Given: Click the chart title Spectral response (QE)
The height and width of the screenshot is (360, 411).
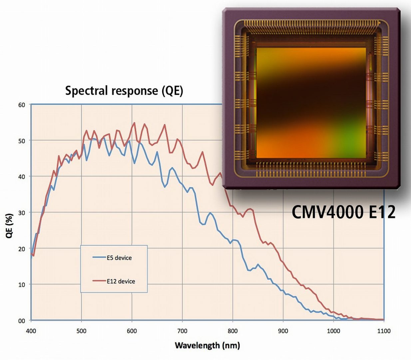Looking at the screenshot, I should pyautogui.click(x=124, y=91).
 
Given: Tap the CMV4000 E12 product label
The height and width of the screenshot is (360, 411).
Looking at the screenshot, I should pyautogui.click(x=343, y=212).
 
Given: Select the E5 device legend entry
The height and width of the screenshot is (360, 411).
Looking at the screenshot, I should pyautogui.click(x=119, y=258).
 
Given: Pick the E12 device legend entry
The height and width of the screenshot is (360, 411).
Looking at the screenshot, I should pyautogui.click(x=121, y=281).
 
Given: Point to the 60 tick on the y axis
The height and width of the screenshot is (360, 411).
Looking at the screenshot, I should pyautogui.click(x=22, y=105).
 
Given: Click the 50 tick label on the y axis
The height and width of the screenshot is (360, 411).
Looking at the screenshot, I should pyautogui.click(x=22, y=141).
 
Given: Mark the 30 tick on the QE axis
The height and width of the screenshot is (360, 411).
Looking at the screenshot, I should pyautogui.click(x=22, y=213).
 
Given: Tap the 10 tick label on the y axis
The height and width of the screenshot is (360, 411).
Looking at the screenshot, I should pyautogui.click(x=22, y=285).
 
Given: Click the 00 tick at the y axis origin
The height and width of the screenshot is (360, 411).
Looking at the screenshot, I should pyautogui.click(x=22, y=321).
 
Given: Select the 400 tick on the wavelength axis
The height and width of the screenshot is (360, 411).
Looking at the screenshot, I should pyautogui.click(x=31, y=331).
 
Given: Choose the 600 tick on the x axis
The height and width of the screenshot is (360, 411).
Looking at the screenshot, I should pyautogui.click(x=132, y=331).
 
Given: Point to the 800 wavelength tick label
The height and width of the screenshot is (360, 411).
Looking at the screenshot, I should pyautogui.click(x=232, y=331).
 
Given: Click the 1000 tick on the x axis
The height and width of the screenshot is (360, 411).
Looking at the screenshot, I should pyautogui.click(x=333, y=331).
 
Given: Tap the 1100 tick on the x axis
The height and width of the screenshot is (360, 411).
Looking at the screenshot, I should pyautogui.click(x=384, y=331).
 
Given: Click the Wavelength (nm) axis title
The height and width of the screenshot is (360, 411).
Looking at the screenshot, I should pyautogui.click(x=207, y=345).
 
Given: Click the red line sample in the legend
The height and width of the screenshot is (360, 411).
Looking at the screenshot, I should pyautogui.click(x=99, y=281).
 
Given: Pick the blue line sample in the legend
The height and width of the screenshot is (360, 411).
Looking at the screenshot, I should pyautogui.click(x=99, y=257).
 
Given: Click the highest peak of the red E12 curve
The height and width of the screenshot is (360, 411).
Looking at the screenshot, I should pyautogui.click(x=135, y=123).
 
